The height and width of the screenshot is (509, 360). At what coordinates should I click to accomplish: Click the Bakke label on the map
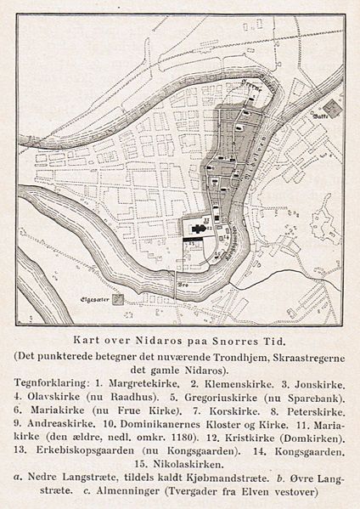(319, 113)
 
